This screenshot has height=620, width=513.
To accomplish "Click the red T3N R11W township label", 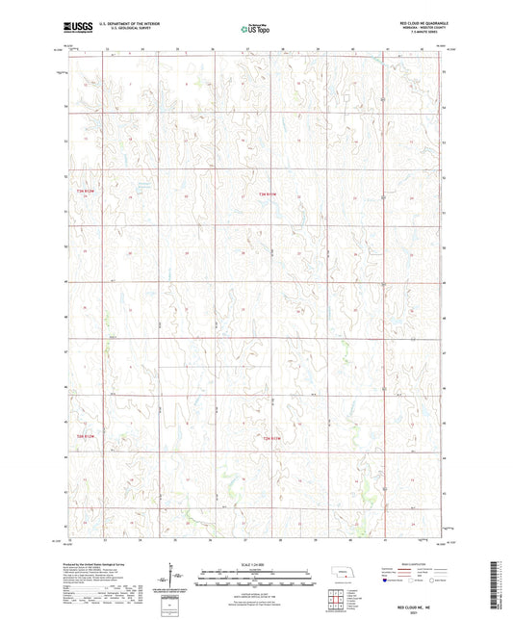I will point(272,196).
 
